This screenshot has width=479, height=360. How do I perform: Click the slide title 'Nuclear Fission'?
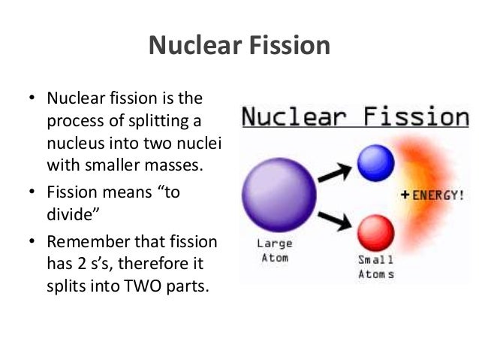239,46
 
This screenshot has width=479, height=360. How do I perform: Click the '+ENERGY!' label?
432,195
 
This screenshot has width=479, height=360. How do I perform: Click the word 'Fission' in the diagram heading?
414,117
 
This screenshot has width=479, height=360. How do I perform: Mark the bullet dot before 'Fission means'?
32,192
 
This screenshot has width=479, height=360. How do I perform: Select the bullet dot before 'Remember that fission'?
32,244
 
